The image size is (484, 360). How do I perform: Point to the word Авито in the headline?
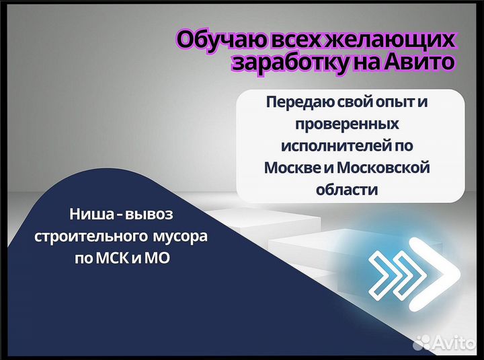click(421, 63)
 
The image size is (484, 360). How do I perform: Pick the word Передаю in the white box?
click(295, 104)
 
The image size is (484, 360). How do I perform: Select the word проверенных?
click(347, 125)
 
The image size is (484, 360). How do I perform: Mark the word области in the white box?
click(347, 189)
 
